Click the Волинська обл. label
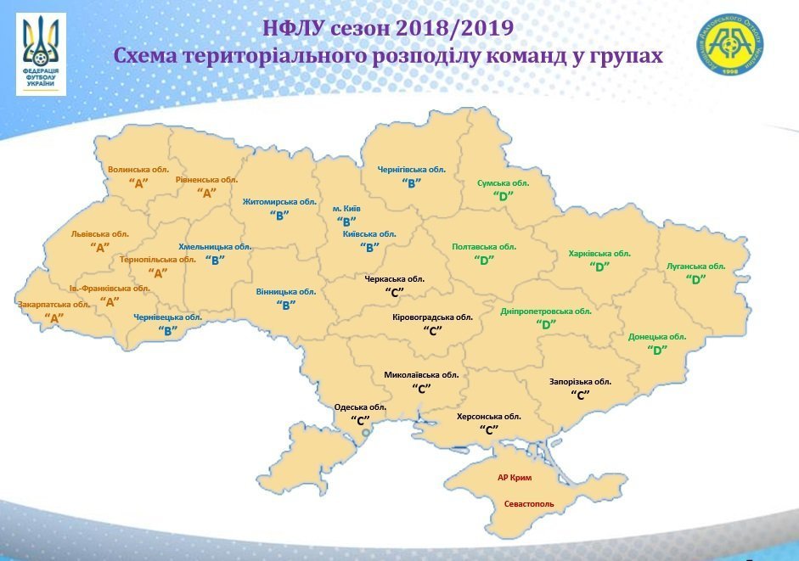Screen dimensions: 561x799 pyautogui.click(x=138, y=170)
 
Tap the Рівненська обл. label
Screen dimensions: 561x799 pyautogui.click(x=206, y=180)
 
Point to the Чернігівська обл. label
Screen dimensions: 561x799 pyautogui.click(x=411, y=170)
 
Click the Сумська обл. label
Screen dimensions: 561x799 pyautogui.click(x=504, y=182)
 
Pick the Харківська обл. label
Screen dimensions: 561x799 pyautogui.click(x=599, y=253)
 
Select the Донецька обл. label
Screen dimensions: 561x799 pyautogui.click(x=657, y=337)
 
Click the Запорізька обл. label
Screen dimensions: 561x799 pyautogui.click(x=581, y=382)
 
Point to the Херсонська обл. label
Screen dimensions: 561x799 pyautogui.click(x=488, y=417)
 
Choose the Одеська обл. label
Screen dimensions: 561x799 pyautogui.click(x=361, y=407)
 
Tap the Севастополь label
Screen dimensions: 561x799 pyautogui.click(x=529, y=503)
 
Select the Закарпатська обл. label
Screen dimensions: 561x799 pyautogui.click(x=53, y=305)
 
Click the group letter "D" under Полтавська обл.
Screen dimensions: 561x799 pyautogui.click(x=484, y=260)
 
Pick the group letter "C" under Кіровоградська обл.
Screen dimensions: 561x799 pyautogui.click(x=433, y=330)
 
